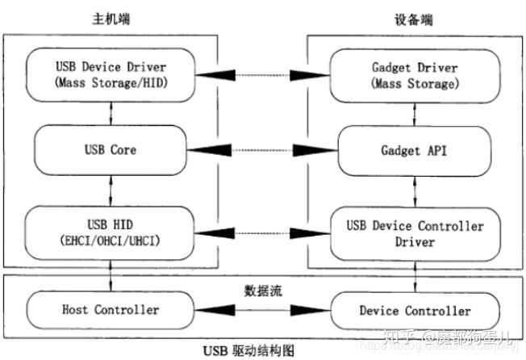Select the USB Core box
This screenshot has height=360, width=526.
(110, 150)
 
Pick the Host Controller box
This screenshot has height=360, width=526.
(110, 310)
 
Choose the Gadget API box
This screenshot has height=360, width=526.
(415, 150)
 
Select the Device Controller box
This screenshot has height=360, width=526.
(415, 311)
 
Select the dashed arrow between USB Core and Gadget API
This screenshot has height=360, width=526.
(261, 151)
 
